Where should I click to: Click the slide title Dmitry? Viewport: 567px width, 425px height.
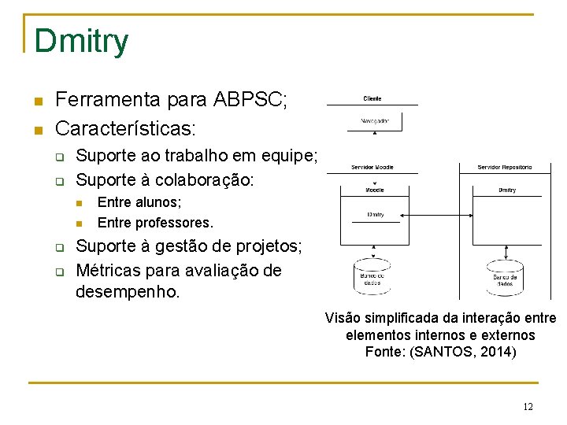(81, 42)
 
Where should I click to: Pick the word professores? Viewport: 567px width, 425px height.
(173, 223)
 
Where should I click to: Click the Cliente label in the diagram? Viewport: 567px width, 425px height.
(372, 98)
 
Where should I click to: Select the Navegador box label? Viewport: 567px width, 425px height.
(374, 121)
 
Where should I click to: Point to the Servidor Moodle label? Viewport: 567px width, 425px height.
(372, 168)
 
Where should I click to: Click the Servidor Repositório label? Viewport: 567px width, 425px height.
(505, 168)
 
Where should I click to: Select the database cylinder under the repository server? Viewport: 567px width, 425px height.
(505, 277)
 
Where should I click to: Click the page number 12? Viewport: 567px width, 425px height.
(528, 407)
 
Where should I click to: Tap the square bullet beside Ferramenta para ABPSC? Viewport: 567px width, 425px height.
(37, 102)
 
